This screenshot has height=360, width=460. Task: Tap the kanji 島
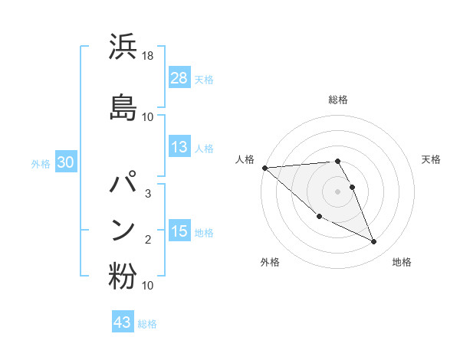point(123,107)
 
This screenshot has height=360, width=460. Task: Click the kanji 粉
point(123,277)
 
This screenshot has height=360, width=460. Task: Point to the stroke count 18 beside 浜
point(148,57)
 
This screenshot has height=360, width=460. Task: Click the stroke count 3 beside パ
point(148,193)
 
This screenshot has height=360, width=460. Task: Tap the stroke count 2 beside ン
point(148,240)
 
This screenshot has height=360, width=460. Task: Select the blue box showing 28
point(179,77)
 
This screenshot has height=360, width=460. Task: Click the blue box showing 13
point(179,148)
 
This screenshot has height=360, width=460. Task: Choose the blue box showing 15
point(179,231)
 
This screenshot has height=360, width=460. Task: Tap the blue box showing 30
point(65,162)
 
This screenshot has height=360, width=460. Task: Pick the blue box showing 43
point(123,322)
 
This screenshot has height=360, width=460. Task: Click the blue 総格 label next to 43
point(147,324)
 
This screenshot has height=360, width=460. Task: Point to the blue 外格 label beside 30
point(41,163)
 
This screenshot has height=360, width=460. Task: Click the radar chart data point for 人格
point(264,167)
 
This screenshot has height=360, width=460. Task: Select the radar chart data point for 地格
point(373,242)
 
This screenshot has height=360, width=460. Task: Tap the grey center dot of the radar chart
point(337,191)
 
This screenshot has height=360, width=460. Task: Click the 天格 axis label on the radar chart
point(431,159)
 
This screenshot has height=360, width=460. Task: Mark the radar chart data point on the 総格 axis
point(337,162)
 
